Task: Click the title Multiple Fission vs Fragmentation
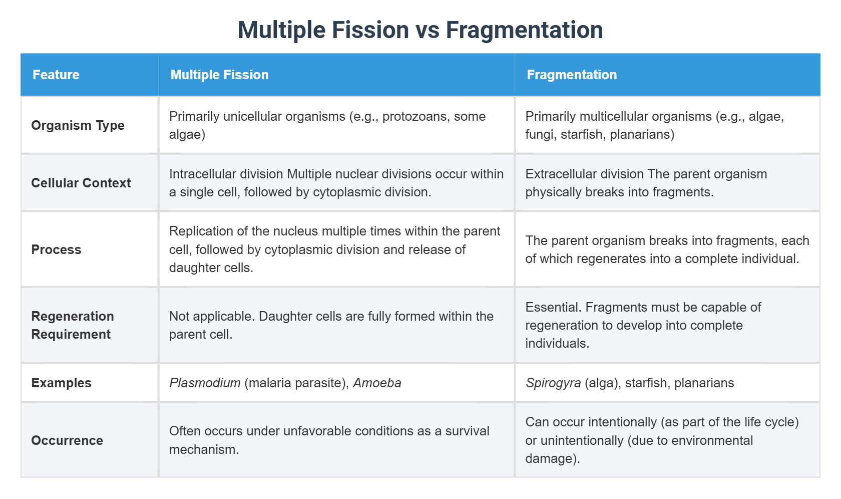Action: [420, 30]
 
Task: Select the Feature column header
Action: [56, 75]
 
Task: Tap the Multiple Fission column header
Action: [219, 75]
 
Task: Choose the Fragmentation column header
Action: [572, 75]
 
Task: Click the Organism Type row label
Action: [78, 125]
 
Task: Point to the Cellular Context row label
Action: [81, 183]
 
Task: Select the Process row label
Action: [56, 249]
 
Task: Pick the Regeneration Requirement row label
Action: [73, 325]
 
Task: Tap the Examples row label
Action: [61, 383]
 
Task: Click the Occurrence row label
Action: [67, 440]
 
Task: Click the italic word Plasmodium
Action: [205, 383]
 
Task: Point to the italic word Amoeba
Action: [377, 383]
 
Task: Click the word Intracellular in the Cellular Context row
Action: [201, 174]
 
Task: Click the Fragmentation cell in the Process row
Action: [667, 249]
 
